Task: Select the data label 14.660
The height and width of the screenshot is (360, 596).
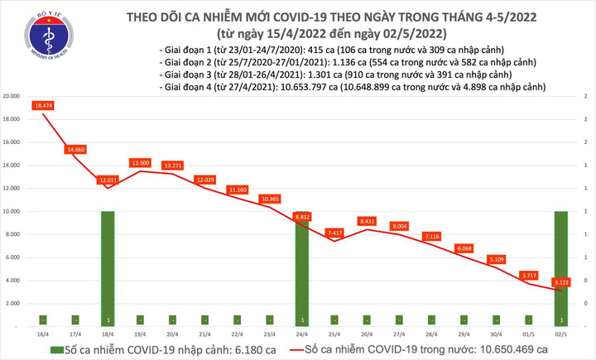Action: [x=76, y=149]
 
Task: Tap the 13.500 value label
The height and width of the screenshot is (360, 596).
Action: [x=141, y=163]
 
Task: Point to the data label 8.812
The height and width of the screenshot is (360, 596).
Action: [x=303, y=217]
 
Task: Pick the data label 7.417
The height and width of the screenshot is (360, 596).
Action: [x=334, y=233]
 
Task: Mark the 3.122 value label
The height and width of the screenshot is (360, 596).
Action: [x=563, y=281]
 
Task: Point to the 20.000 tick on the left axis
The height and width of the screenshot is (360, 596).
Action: [x=12, y=96]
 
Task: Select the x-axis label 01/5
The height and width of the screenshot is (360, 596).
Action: [x=530, y=333]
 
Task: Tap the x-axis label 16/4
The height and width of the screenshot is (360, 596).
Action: [x=43, y=333]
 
